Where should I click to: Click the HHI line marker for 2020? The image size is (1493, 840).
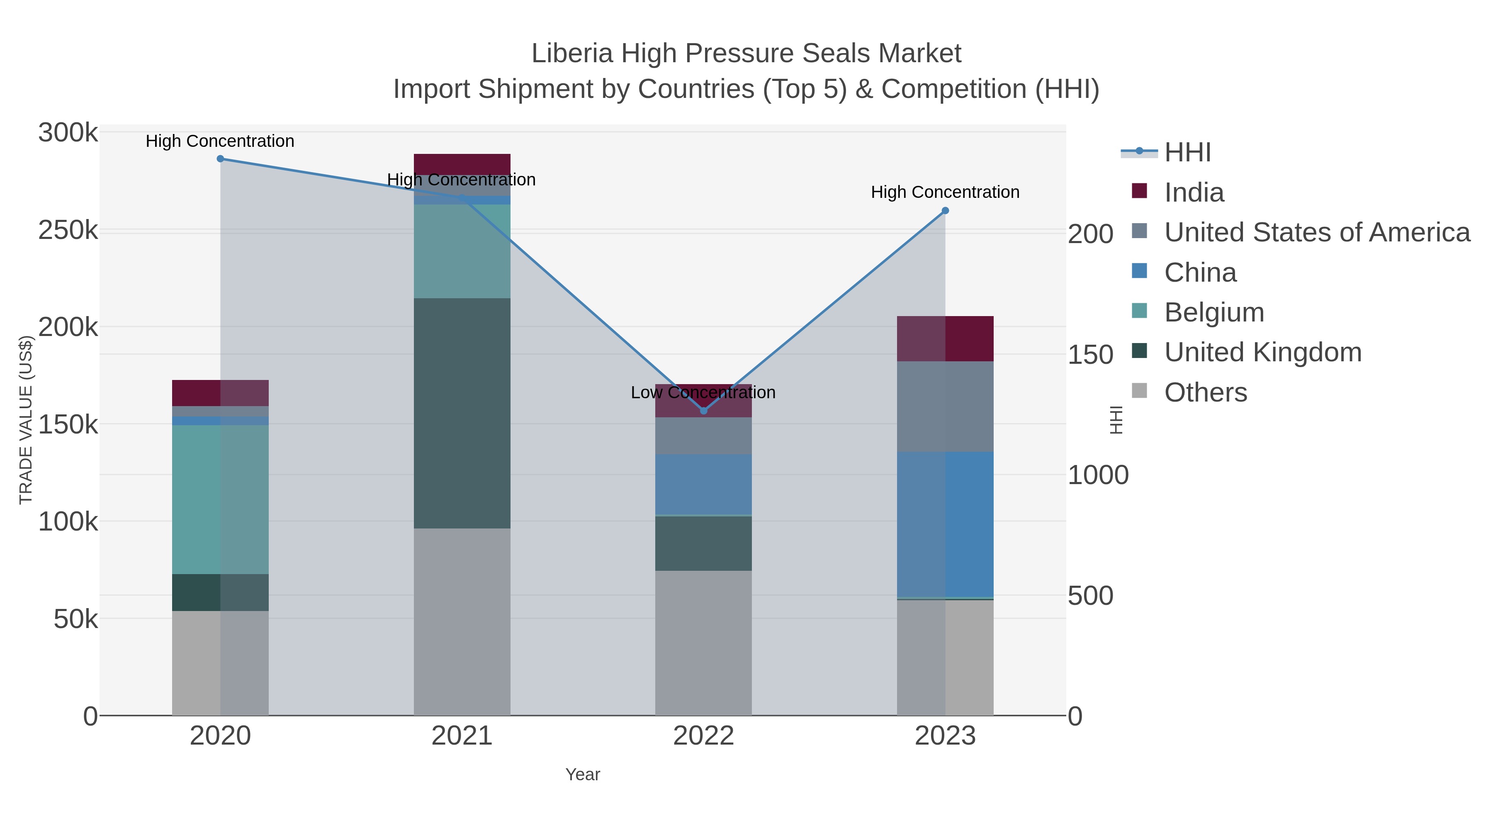pyautogui.click(x=220, y=159)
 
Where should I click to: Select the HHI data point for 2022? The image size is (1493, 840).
pyautogui.click(x=704, y=410)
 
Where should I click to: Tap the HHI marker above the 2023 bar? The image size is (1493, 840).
pyautogui.click(x=945, y=210)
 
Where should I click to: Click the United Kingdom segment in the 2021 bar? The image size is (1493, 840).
pyautogui.click(x=462, y=413)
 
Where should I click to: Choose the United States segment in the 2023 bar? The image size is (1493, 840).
pyautogui.click(x=945, y=407)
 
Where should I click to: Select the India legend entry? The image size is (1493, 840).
pyautogui.click(x=1194, y=192)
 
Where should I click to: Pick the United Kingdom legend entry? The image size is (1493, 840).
pyautogui.click(x=1262, y=353)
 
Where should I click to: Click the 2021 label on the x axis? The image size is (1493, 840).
pyautogui.click(x=462, y=735)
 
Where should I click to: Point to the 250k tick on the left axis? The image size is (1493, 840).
pyautogui.click(x=68, y=230)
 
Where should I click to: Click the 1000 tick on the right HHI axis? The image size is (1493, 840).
pyautogui.click(x=1098, y=475)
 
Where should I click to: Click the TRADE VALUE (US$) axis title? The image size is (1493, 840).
pyautogui.click(x=26, y=420)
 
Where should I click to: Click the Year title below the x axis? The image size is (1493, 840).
pyautogui.click(x=583, y=774)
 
